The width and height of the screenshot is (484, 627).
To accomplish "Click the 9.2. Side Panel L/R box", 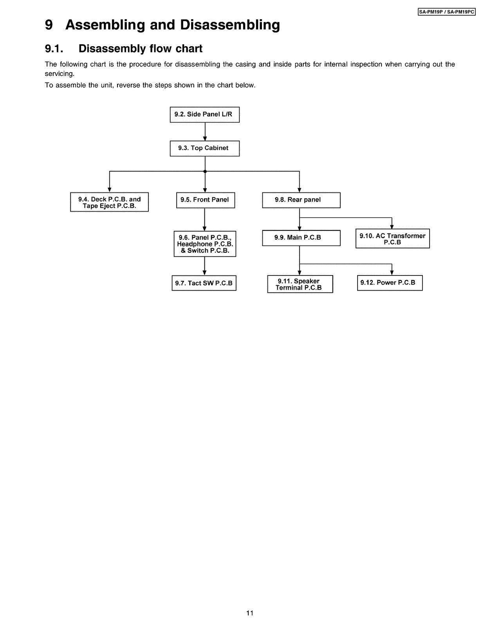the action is click(x=204, y=114).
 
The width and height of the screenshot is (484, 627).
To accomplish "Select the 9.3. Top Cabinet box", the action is click(x=204, y=148).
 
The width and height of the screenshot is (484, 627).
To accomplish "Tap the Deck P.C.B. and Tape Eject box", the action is click(x=109, y=202).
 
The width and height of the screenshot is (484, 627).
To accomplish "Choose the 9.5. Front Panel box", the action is click(x=205, y=200).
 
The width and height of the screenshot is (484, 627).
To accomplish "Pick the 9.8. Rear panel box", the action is click(x=301, y=200).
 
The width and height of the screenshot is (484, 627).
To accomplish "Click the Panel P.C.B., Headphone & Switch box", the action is click(x=205, y=244).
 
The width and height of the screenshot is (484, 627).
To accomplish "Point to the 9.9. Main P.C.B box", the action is click(x=301, y=238).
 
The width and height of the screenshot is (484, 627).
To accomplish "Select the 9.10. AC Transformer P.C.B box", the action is click(x=392, y=239).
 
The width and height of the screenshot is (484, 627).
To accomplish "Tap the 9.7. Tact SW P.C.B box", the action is click(x=204, y=283).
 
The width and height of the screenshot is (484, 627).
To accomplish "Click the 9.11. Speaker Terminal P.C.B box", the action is click(x=300, y=284).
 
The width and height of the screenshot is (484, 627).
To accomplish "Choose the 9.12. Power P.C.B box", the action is click(x=390, y=283).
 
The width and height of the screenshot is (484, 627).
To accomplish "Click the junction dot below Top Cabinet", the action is click(x=205, y=171).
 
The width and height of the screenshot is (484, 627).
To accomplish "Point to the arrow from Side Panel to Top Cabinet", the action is click(x=205, y=132).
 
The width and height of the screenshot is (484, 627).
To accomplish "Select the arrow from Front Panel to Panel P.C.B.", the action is click(x=205, y=219).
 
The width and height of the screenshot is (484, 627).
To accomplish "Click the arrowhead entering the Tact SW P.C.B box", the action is click(x=205, y=273).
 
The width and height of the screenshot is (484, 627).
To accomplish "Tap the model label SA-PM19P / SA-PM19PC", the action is click(x=446, y=13).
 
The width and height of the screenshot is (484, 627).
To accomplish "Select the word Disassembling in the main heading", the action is click(x=230, y=25).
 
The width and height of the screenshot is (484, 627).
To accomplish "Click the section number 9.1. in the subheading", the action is click(x=54, y=49).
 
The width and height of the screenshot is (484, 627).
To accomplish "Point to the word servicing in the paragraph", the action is click(x=60, y=74).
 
